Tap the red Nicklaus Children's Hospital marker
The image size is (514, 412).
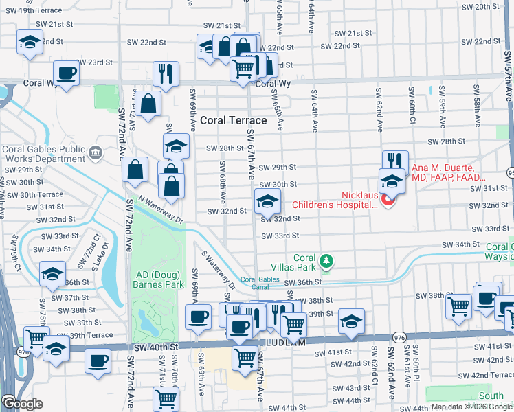388,201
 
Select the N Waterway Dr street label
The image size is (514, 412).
161,210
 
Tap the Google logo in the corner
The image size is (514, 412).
22,403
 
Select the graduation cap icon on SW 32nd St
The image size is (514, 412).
267,201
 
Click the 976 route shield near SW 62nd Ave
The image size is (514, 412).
399,337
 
